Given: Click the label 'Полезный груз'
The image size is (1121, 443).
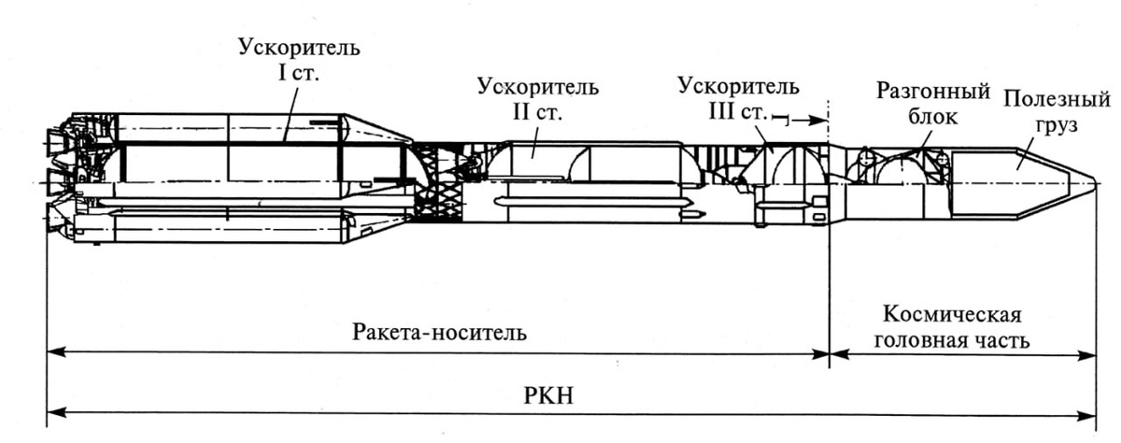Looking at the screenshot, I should (x=1057, y=111).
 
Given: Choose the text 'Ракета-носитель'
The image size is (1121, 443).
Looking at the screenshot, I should (x=440, y=333).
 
